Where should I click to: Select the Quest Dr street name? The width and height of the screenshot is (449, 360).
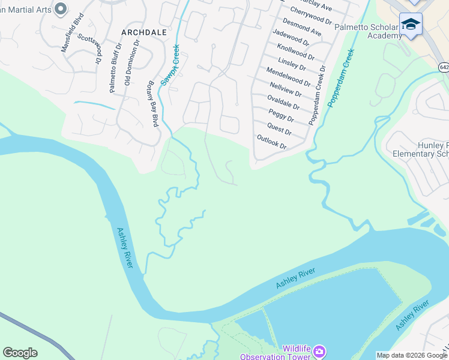click(279, 128)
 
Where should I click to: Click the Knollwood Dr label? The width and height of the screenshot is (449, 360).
click(295, 50)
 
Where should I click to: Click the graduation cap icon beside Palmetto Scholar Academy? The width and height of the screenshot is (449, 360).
click(411, 24)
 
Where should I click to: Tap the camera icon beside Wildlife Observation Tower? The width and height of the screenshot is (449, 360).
click(319, 350)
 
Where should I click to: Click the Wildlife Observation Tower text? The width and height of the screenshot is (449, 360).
click(288, 353)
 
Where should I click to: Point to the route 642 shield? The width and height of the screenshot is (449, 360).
click(443, 67)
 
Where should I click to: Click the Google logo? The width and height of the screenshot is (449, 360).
click(20, 353)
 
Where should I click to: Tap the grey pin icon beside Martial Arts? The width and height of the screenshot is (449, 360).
click(60, 8)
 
